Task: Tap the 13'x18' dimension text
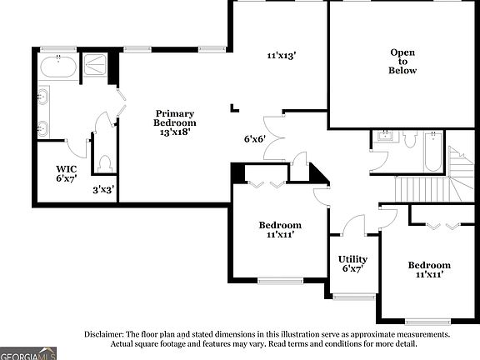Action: [174, 132]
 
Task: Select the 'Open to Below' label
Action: [403, 62]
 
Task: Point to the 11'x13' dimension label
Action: [282, 56]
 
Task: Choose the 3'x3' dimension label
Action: [103, 190]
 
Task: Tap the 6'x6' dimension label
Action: [254, 139]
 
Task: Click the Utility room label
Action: [352, 259]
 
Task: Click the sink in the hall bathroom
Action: [385, 136]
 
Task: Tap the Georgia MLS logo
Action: [27, 352]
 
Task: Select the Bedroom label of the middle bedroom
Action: [280, 225]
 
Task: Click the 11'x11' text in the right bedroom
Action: [429, 274]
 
